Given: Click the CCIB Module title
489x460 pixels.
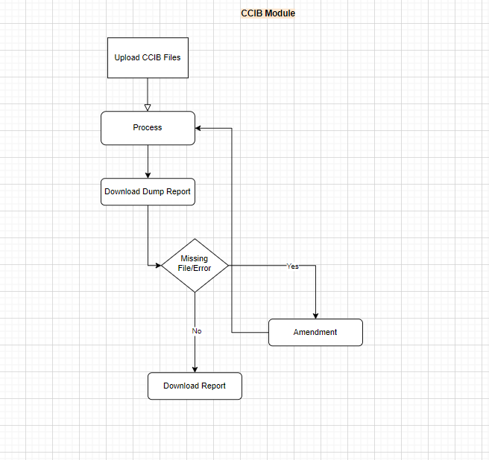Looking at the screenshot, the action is coord(268,13).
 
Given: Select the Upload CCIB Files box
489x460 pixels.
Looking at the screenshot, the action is coord(148,57).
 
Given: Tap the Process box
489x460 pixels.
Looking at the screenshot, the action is coord(148,128).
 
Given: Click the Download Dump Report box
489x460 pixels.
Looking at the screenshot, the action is coord(148,191).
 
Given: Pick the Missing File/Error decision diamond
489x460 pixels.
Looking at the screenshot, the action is coord(195,265).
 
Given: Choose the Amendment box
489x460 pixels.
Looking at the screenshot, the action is coord(315,332).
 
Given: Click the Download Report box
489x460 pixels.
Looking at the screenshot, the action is coord(195,386).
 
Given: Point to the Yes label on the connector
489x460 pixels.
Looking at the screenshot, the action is coord(292,266).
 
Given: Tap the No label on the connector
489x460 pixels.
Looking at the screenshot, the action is coord(197,331).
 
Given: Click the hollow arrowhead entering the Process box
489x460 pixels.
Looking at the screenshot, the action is coord(148,108).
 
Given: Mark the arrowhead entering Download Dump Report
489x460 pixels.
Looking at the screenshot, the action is coord(148,176).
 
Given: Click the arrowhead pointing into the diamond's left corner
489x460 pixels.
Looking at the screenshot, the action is coord(159,265).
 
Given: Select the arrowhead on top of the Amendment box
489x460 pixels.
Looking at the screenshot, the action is coord(315,316).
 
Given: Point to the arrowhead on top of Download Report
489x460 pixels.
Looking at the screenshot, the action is coord(195,369).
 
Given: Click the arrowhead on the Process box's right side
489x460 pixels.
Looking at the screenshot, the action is coord(198,128).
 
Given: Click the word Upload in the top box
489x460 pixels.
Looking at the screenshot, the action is coord(127,57).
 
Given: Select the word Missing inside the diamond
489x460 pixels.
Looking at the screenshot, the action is coord(195,258).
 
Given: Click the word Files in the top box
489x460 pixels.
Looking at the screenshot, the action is coord(172,57).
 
